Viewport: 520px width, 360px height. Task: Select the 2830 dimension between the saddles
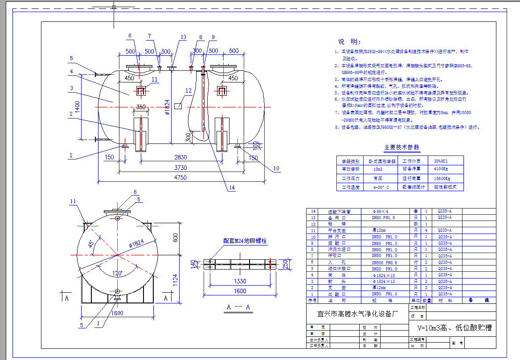point(180,157)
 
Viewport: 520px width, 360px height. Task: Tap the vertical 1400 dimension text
point(77,106)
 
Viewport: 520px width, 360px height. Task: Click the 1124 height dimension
point(175,279)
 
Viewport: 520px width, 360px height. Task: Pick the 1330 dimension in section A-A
point(240,281)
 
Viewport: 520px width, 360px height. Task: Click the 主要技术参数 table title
point(401,147)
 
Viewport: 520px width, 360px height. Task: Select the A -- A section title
point(238,307)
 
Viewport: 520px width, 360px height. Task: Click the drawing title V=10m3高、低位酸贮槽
point(454,328)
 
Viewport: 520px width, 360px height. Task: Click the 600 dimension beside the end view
point(175,238)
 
